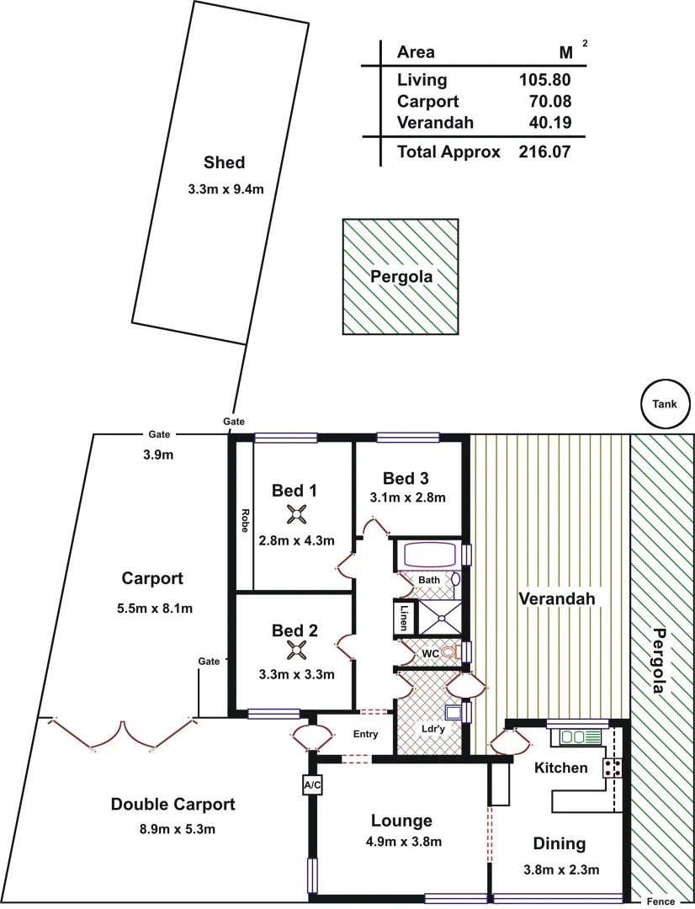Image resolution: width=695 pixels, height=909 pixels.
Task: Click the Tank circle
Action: point(664,403)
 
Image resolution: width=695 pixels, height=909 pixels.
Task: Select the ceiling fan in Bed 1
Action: point(296,515)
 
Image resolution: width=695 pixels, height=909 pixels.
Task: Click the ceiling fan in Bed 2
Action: point(296,649)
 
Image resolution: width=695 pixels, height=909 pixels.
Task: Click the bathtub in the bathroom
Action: point(430,555)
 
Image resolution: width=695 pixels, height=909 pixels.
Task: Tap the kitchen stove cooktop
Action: point(612,767)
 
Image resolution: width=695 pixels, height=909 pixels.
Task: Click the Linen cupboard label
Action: point(405,618)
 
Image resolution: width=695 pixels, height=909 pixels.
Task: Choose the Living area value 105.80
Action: point(545,80)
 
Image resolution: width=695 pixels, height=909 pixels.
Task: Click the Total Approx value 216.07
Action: point(545,152)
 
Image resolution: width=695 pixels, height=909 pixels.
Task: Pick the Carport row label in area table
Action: point(427,101)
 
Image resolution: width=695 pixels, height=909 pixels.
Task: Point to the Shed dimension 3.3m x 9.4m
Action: point(225,189)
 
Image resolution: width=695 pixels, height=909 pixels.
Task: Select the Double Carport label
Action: point(173,805)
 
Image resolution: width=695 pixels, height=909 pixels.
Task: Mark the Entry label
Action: point(365,734)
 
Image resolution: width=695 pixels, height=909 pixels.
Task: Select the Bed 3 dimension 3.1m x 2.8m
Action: point(407,497)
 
